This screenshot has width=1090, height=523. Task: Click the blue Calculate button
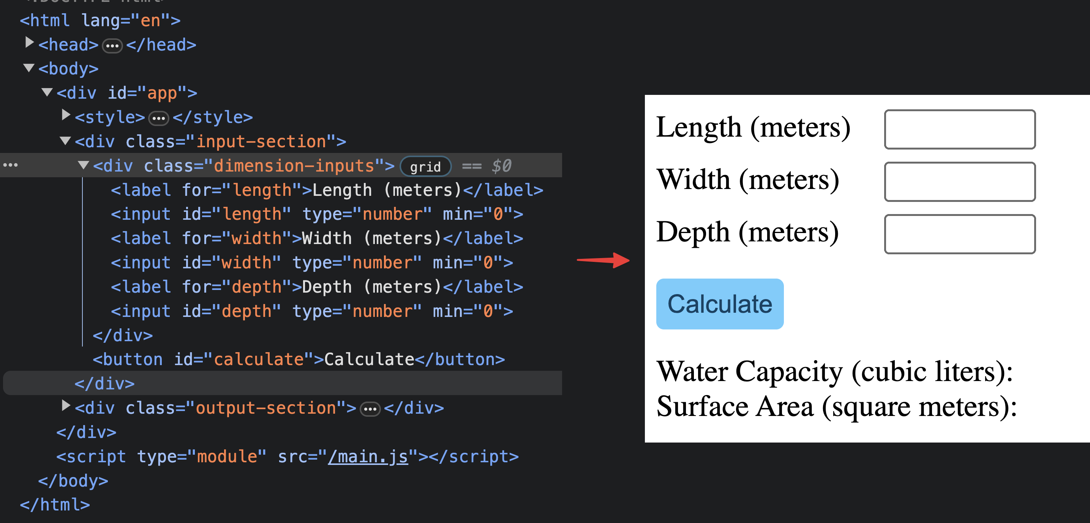click(719, 304)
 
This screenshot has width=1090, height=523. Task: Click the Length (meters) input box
click(959, 129)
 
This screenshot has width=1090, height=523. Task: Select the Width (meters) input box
click(959, 182)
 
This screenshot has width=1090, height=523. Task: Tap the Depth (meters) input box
click(959, 234)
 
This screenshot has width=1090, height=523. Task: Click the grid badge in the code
click(425, 167)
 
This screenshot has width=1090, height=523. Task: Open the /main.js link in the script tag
click(368, 457)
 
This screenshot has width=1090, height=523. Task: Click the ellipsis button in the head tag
click(112, 46)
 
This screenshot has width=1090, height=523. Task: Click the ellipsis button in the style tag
click(159, 118)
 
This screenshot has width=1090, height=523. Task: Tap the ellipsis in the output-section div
click(370, 409)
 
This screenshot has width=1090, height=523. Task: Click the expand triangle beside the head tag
click(29, 42)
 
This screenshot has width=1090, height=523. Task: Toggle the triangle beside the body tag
click(29, 68)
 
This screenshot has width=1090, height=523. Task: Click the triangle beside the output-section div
click(66, 405)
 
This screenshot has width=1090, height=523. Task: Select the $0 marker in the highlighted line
click(501, 166)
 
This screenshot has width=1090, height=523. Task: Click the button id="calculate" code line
click(298, 360)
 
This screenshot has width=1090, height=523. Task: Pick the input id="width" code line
click(311, 263)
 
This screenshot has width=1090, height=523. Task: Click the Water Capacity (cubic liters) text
click(834, 372)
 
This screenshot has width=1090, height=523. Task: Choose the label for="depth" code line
click(316, 287)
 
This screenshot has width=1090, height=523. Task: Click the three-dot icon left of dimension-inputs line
click(11, 165)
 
